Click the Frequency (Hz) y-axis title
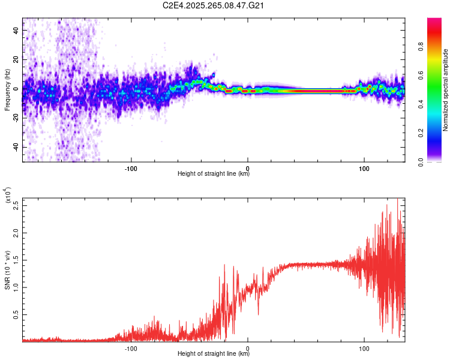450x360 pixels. [8, 90]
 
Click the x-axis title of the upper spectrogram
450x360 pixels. [214, 174]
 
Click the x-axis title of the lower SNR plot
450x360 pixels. [214, 353]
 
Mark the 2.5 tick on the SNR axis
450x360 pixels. [16, 205]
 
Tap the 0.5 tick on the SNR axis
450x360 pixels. [16, 314]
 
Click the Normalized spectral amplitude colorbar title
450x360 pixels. [446, 90]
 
